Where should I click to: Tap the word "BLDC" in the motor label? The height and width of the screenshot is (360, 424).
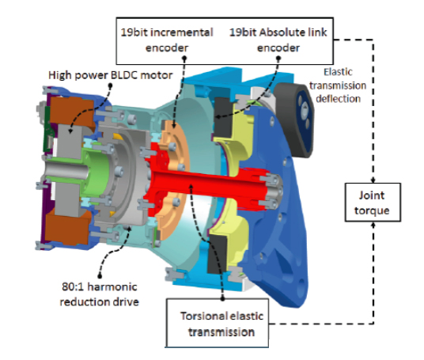tap(116, 76)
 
